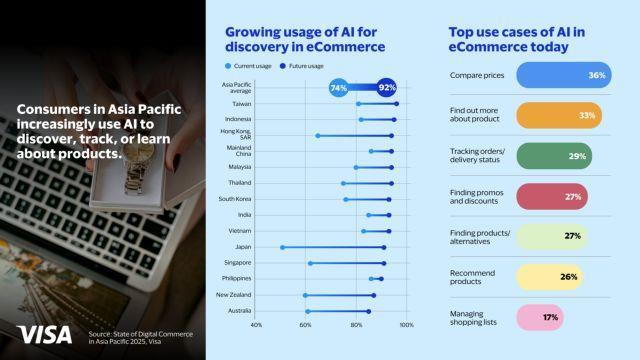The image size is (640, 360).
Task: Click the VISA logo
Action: click(x=43, y=335)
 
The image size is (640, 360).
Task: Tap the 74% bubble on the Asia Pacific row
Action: click(x=338, y=88)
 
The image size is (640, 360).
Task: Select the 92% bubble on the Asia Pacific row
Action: click(x=387, y=88)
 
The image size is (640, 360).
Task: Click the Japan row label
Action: click(x=241, y=247)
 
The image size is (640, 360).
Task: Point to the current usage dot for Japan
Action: click(x=283, y=247)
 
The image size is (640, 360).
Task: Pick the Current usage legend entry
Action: click(x=251, y=65)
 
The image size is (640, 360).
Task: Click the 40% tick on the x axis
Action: click(x=256, y=324)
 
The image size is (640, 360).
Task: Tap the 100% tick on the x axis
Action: click(x=406, y=324)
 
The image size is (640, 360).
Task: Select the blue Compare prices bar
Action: click(x=565, y=76)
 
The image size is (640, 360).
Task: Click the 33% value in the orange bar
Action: click(x=587, y=116)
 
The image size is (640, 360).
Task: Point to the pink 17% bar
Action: click(x=537, y=317)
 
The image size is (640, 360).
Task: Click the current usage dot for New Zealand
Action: click(x=305, y=295)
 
